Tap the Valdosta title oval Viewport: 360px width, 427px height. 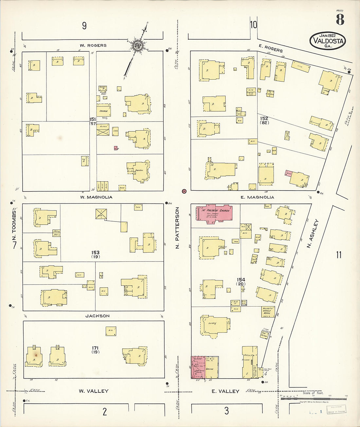(x=328, y=41)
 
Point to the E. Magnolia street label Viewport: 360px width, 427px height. (x=257, y=197)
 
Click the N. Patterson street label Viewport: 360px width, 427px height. (x=177, y=228)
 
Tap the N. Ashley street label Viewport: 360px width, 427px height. (x=313, y=233)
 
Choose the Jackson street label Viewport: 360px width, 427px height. (x=97, y=316)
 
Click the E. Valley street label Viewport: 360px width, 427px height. (x=225, y=391)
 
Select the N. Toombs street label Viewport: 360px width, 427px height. (x=14, y=226)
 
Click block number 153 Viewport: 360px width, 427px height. (x=96, y=253)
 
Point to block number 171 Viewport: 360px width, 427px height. (x=95, y=348)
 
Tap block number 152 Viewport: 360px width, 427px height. (x=264, y=118)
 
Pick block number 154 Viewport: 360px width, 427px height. (x=241, y=280)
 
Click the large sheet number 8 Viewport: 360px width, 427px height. (x=340, y=20)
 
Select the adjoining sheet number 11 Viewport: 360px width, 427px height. (x=338, y=255)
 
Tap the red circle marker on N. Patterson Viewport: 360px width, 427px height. (x=184, y=191)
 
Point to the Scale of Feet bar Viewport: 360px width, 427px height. (x=313, y=399)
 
